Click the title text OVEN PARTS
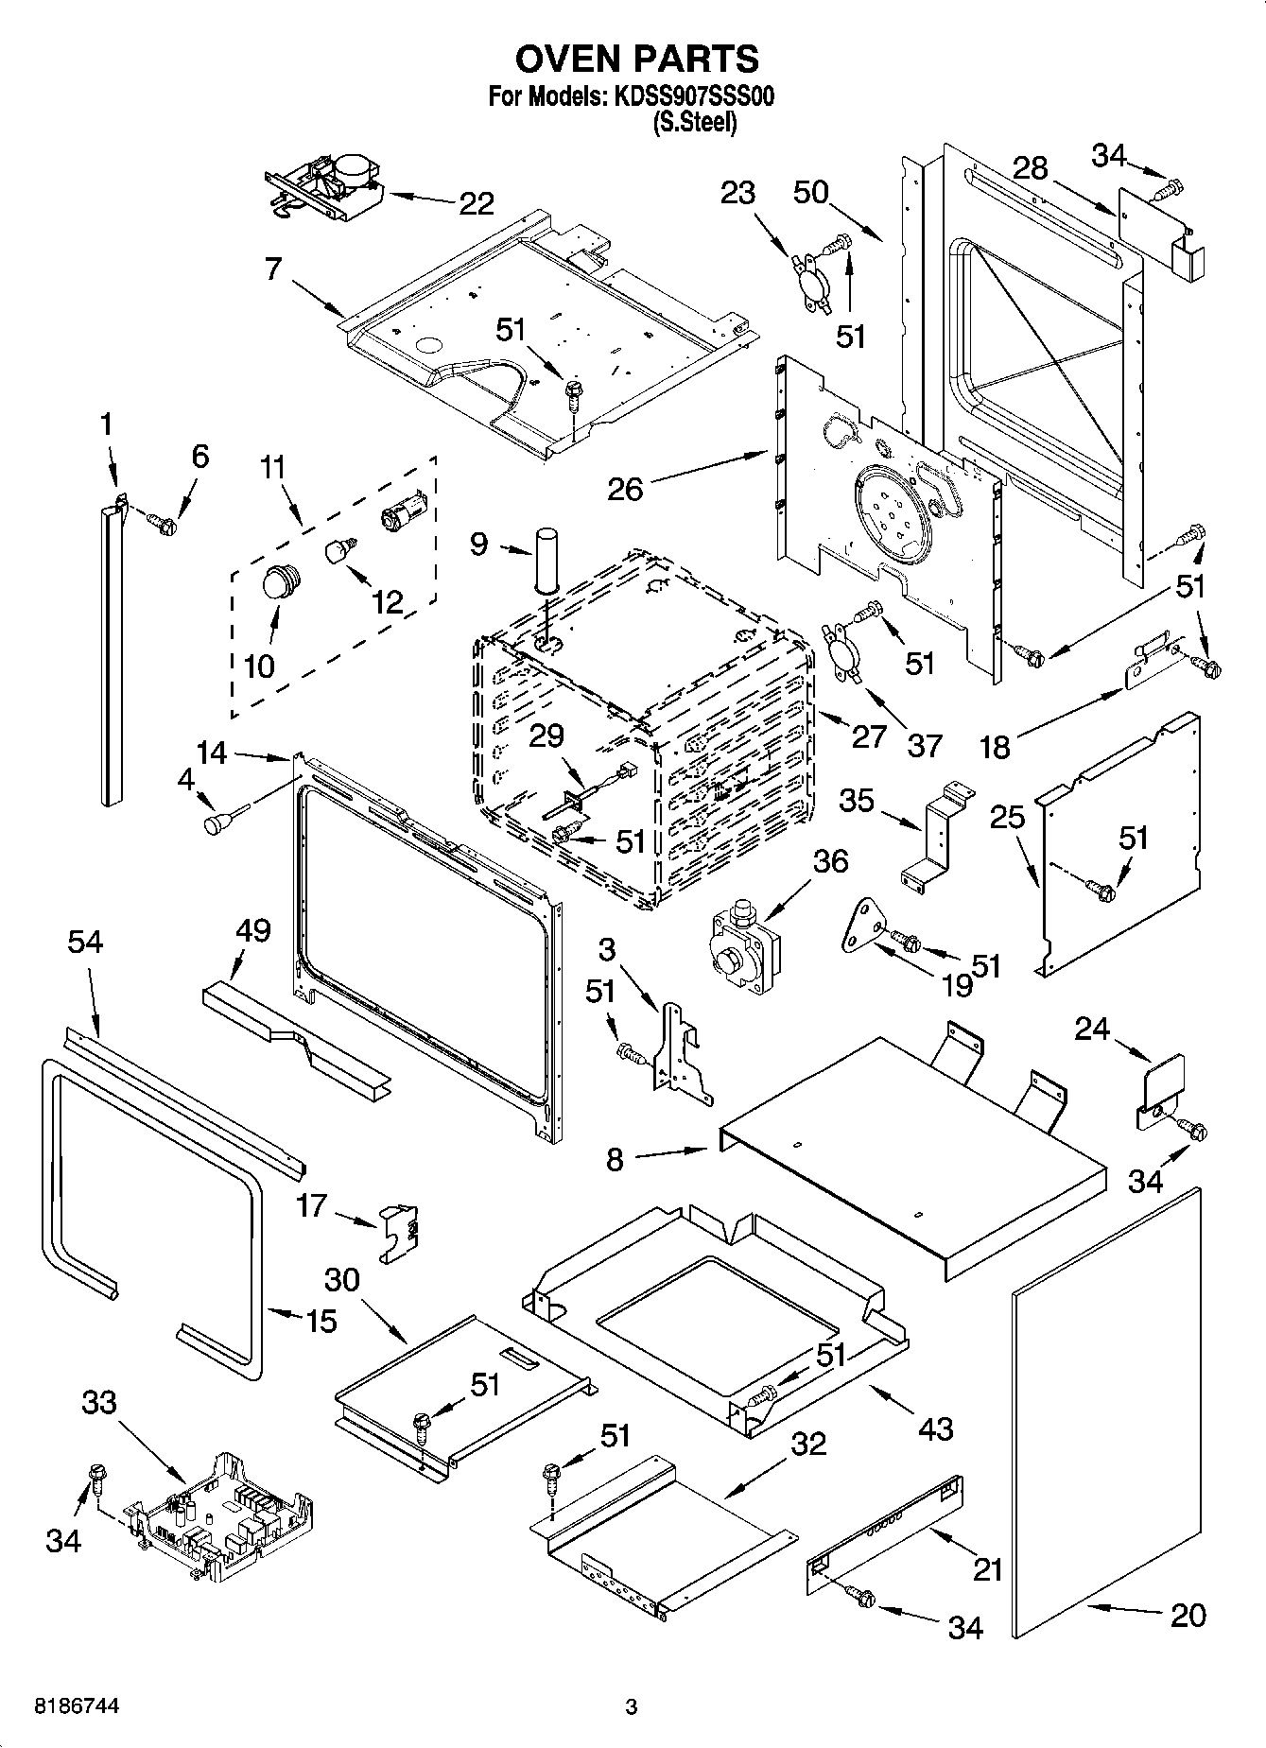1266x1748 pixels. click(636, 59)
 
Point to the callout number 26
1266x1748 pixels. click(625, 489)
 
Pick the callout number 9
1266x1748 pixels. click(479, 545)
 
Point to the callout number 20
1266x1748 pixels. click(1188, 1615)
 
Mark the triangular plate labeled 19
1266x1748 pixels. click(860, 924)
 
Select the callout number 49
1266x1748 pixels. click(251, 930)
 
